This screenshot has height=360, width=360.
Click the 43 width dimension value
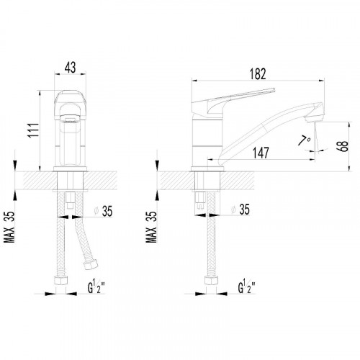(70, 68)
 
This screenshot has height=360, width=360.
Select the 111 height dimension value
(34, 130)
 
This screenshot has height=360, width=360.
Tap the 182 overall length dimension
(258, 74)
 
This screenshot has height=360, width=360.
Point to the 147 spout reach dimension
(261, 153)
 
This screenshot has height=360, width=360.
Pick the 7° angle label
(304, 140)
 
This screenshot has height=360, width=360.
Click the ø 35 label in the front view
(103, 211)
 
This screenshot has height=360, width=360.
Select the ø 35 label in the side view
(240, 210)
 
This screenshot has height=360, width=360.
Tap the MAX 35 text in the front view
(9, 227)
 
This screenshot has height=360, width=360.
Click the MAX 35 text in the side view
(151, 227)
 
